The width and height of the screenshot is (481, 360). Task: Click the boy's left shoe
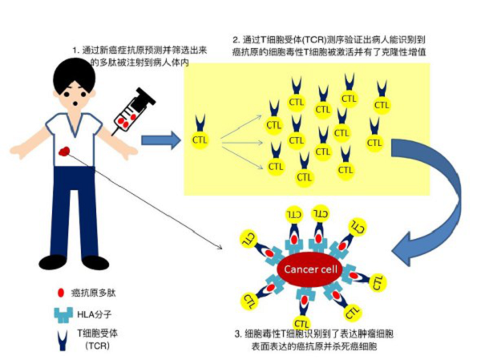click(x=53, y=261)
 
